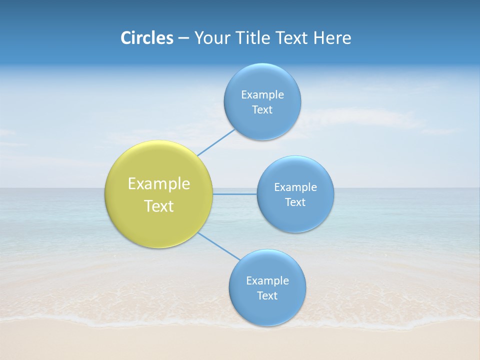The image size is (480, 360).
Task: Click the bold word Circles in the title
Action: tap(146, 38)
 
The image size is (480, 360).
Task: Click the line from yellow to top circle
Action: tap(216, 142)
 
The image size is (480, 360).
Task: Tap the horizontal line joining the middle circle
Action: tap(234, 194)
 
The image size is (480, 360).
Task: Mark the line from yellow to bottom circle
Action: tap(219, 246)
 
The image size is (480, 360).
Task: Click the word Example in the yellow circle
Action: tap(158, 184)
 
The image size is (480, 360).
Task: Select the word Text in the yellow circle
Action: tap(158, 206)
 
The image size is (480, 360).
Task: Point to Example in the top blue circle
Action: tap(262, 94)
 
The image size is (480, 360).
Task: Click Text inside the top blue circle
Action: tap(262, 110)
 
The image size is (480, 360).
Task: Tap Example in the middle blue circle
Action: tap(295, 187)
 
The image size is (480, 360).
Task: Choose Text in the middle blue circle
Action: tap(295, 202)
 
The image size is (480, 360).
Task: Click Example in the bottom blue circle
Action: tap(267, 281)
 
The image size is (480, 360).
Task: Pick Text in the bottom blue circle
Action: tap(267, 296)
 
